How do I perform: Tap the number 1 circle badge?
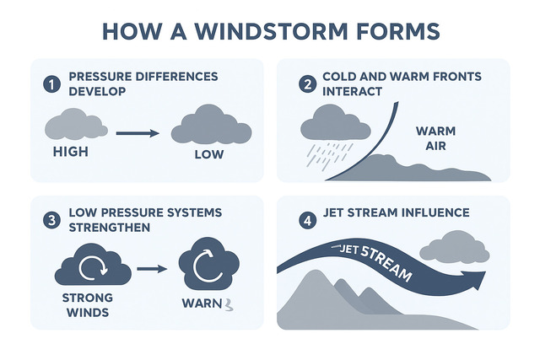pos(52,83)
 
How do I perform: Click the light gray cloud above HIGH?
pos(75,125)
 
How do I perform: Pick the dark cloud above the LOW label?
pos(211,126)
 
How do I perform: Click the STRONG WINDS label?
pos(89,305)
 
